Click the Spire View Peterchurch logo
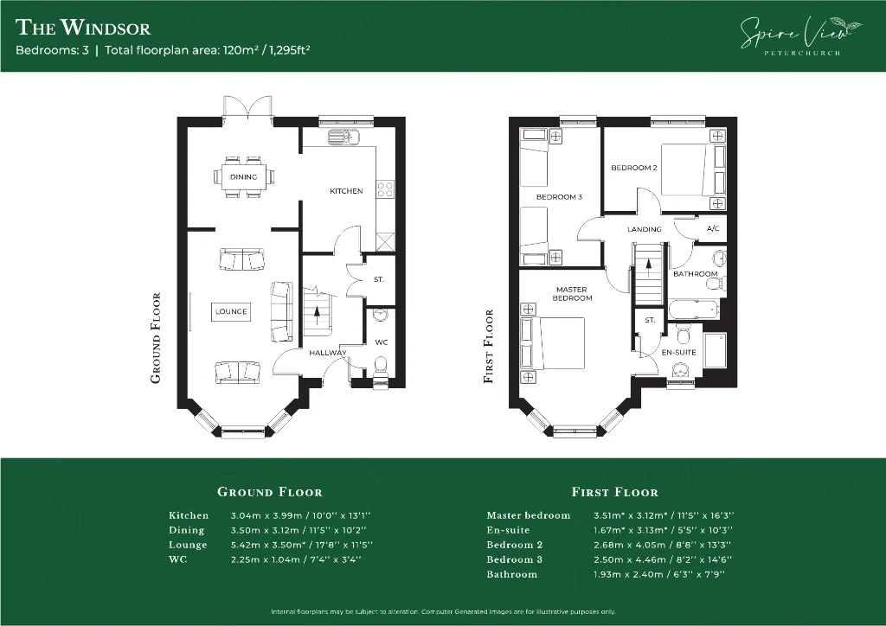801,36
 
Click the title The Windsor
83,27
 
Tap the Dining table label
243,176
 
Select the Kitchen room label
346,191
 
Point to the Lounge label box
231,311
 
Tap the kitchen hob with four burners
386,189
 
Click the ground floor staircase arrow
317,314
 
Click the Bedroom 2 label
634,168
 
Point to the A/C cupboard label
713,228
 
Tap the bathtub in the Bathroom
695,310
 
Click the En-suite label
678,352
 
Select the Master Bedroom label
572,293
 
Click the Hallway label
328,353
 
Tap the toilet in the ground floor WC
381,365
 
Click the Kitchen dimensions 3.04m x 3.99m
266,515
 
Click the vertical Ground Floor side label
156,338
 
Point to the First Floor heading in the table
615,492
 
